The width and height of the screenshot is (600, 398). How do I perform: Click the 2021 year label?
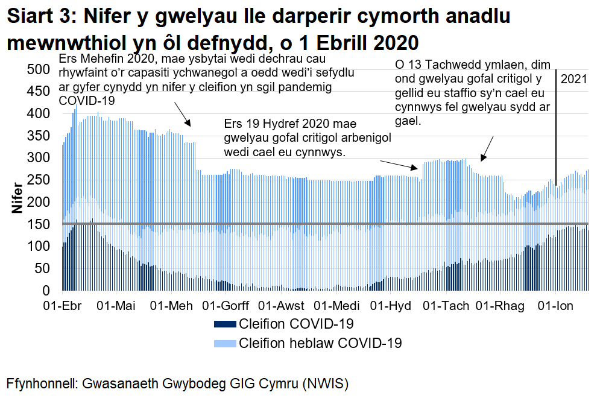573,78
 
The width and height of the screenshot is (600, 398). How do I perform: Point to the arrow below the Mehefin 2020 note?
183,114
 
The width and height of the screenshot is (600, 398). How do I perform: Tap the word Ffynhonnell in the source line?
42,384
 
